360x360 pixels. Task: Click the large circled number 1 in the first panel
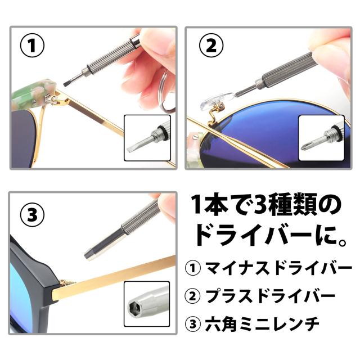click(32, 46)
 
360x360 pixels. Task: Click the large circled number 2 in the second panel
click(211, 45)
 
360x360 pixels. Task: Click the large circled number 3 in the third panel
click(32, 215)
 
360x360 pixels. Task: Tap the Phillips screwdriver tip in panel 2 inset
click(307, 145)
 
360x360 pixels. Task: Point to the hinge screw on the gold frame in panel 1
click(55, 98)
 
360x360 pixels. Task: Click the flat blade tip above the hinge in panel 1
click(66, 84)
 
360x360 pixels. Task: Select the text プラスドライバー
click(270, 296)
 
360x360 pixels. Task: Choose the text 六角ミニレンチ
click(262, 324)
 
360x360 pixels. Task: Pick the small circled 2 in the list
click(193, 296)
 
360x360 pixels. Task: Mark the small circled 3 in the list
click(193, 324)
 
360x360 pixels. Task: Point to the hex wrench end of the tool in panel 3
click(90, 254)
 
